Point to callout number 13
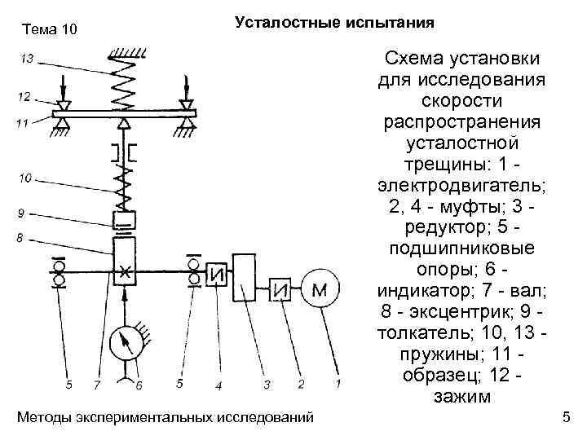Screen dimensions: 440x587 click(x=28, y=59)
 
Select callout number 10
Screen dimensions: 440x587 click(x=26, y=177)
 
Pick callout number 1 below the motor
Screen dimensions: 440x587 click(x=337, y=382)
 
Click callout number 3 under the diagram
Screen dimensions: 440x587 click(x=264, y=383)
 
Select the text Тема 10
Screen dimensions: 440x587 click(x=50, y=30)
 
